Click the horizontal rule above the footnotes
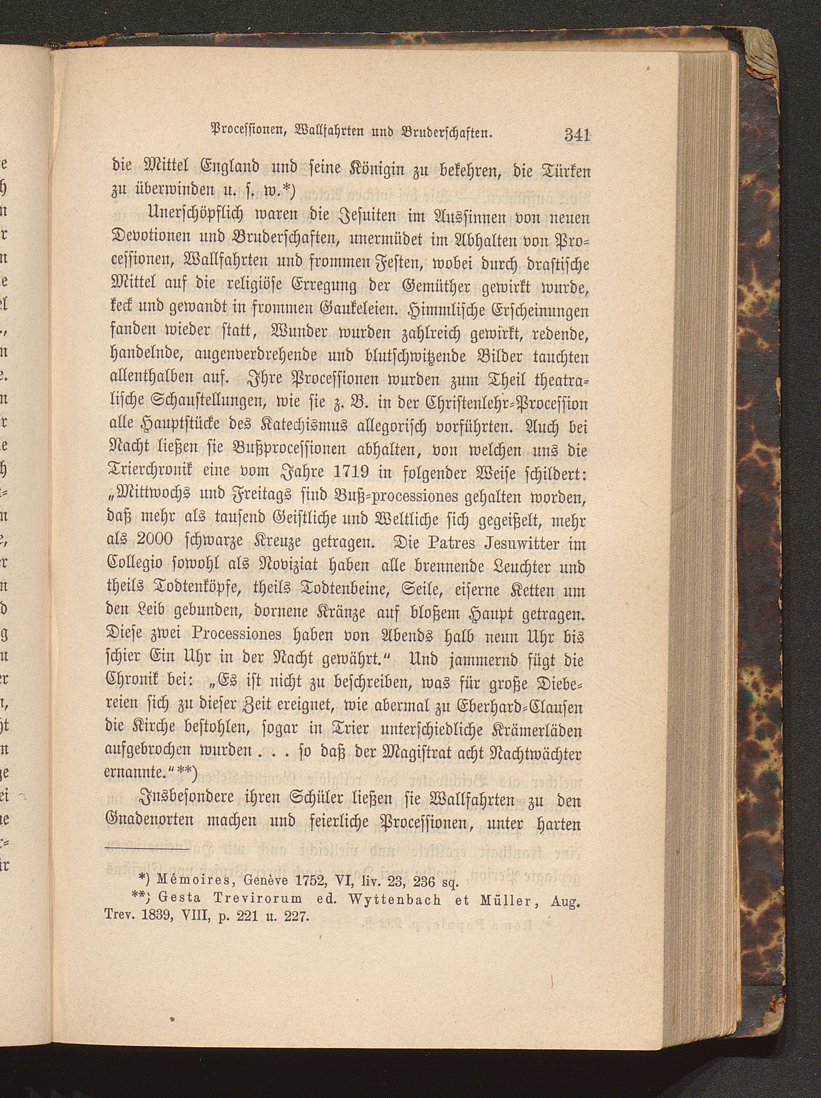pyautogui.click(x=148, y=852)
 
